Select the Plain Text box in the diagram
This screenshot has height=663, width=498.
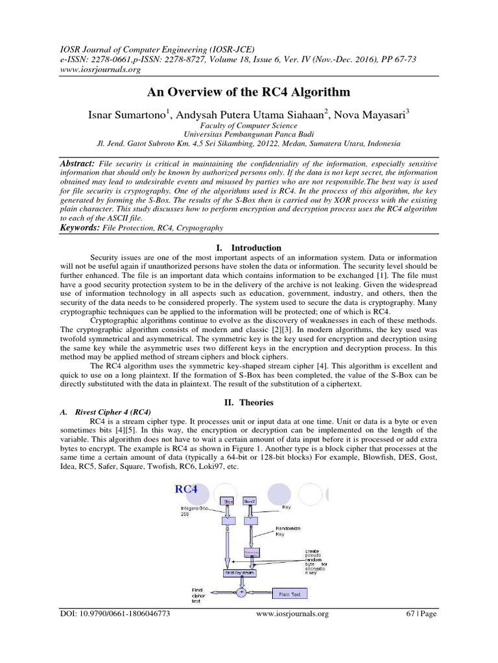click(x=290, y=593)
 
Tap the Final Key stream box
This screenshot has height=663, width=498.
click(x=240, y=572)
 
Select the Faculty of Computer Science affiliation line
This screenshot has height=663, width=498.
click(x=248, y=126)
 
